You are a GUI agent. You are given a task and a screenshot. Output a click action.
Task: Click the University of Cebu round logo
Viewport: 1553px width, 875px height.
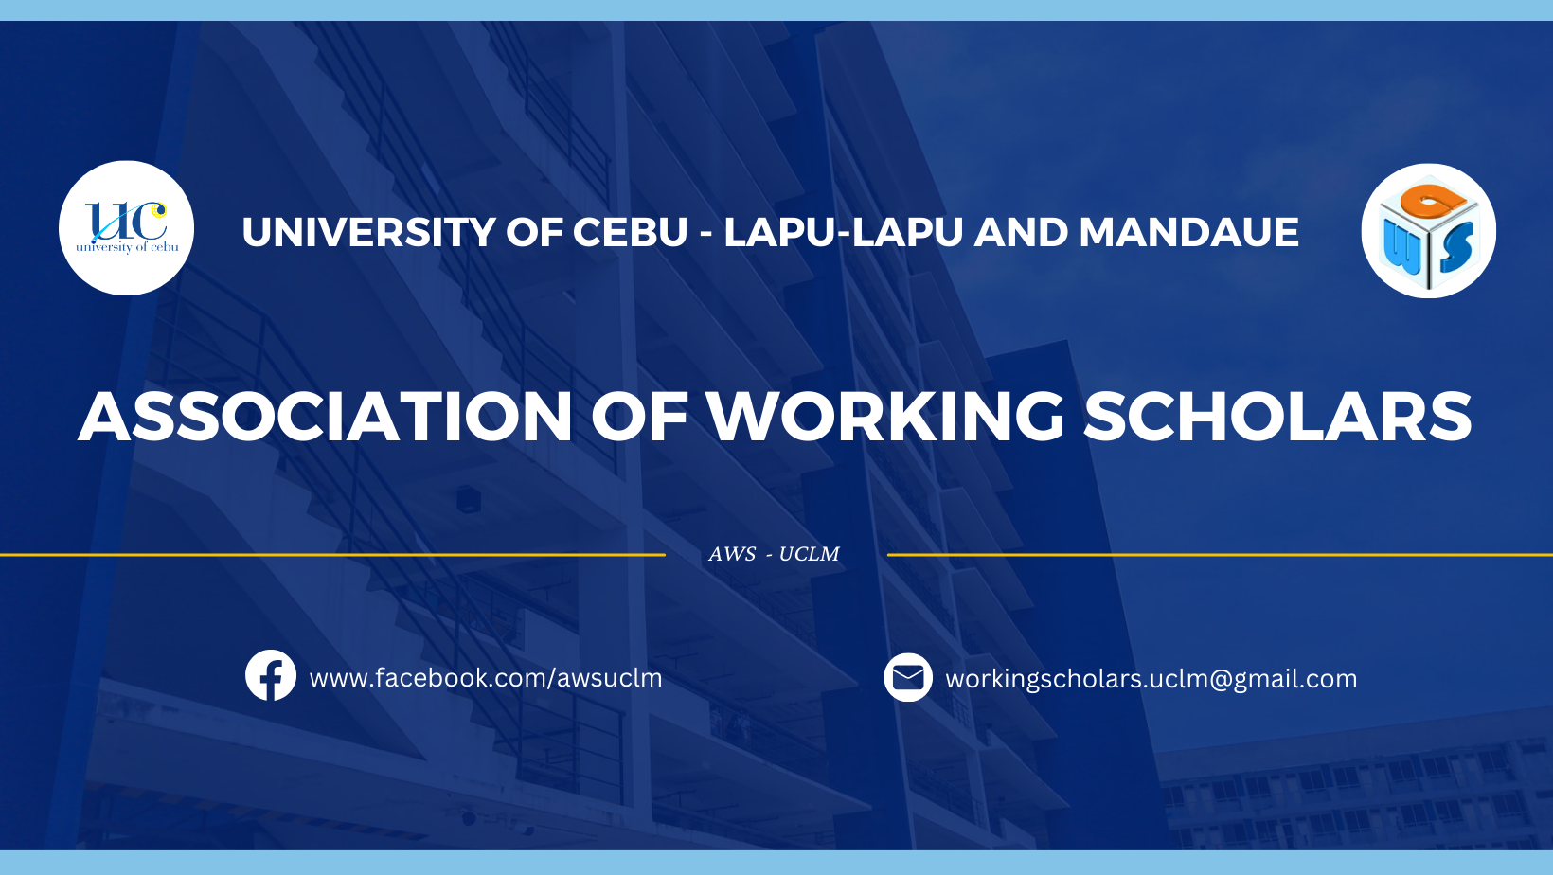point(126,228)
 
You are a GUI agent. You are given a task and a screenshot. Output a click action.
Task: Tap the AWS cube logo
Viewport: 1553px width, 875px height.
point(1428,231)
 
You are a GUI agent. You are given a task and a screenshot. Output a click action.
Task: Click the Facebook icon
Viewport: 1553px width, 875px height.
point(271,675)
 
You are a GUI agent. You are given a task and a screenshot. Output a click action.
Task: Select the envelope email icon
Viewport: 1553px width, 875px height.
point(908,677)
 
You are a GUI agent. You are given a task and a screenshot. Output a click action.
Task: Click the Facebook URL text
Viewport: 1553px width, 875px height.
point(485,678)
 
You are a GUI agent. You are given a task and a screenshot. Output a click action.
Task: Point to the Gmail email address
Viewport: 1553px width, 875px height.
point(1151,679)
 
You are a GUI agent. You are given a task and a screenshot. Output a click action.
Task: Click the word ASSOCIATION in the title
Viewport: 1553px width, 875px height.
point(325,416)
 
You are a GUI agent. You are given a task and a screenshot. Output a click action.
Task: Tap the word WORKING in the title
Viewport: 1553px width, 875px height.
point(886,416)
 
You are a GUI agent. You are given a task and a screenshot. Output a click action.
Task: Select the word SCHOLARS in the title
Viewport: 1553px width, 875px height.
point(1277,416)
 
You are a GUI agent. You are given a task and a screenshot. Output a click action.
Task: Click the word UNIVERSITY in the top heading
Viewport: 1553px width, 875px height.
point(368,232)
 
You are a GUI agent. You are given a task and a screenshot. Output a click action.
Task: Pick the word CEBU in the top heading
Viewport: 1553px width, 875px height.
point(630,232)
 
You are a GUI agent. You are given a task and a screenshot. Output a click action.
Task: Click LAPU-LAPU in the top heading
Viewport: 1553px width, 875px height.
point(844,232)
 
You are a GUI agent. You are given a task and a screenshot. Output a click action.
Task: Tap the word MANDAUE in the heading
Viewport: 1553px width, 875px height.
point(1188,232)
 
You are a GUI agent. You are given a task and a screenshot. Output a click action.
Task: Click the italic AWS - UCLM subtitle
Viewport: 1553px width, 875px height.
point(774,554)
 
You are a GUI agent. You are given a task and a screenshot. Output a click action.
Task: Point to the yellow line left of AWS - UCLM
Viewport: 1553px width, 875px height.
point(332,555)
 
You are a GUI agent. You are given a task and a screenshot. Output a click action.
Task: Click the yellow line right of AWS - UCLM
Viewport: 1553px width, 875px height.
point(1221,555)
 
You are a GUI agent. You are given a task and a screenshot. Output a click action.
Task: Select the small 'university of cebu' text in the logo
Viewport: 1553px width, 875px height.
point(127,247)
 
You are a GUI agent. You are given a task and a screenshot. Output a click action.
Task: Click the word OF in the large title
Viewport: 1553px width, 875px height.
point(639,416)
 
